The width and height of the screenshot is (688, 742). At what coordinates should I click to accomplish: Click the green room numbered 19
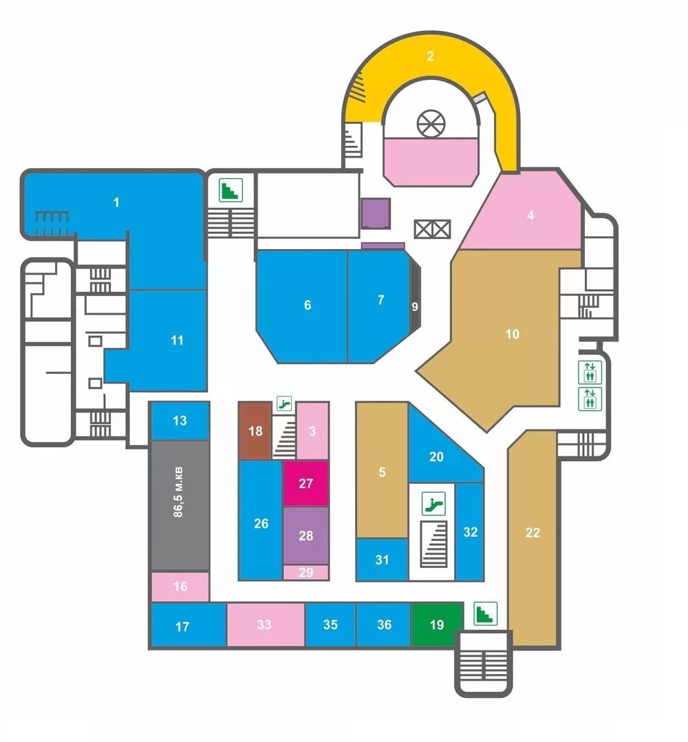click(x=436, y=625)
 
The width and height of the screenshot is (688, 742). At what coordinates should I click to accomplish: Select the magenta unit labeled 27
click(x=306, y=483)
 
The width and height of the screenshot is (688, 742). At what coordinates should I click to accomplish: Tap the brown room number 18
click(x=256, y=432)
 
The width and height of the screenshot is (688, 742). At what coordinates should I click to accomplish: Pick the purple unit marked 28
click(x=306, y=535)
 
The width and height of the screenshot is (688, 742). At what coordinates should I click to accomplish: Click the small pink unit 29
click(x=306, y=572)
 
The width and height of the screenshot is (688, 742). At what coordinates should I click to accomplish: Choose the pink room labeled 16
click(x=180, y=586)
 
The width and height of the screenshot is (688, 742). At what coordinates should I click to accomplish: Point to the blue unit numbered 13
click(x=180, y=421)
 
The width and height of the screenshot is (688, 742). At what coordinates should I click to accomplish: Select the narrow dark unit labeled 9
click(x=414, y=306)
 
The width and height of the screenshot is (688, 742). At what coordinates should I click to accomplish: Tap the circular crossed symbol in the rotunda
click(x=431, y=124)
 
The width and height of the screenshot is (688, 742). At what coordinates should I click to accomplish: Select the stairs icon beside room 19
click(x=486, y=613)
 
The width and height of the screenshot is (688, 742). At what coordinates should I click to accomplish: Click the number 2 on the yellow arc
click(x=431, y=56)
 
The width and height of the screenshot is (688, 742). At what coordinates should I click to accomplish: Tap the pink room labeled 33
click(x=265, y=625)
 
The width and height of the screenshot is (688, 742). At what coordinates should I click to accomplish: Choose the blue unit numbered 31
click(x=383, y=560)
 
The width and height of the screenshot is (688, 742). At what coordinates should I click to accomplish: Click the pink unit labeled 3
click(x=312, y=432)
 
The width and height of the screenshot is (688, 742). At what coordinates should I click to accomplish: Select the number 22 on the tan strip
click(x=533, y=532)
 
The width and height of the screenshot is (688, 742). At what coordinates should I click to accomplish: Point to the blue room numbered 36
click(x=384, y=625)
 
